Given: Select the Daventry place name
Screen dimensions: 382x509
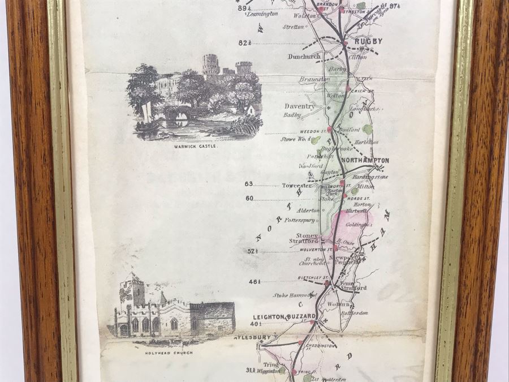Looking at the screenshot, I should [300, 106].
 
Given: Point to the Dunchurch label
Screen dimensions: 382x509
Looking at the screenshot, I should [304, 57].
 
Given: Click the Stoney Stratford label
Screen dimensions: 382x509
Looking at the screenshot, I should [305, 239].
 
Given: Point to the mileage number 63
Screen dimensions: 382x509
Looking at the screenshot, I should [249, 184].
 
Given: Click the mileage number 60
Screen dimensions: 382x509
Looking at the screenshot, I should [249, 198].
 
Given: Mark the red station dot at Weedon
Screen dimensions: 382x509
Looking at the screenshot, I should [329, 129].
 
